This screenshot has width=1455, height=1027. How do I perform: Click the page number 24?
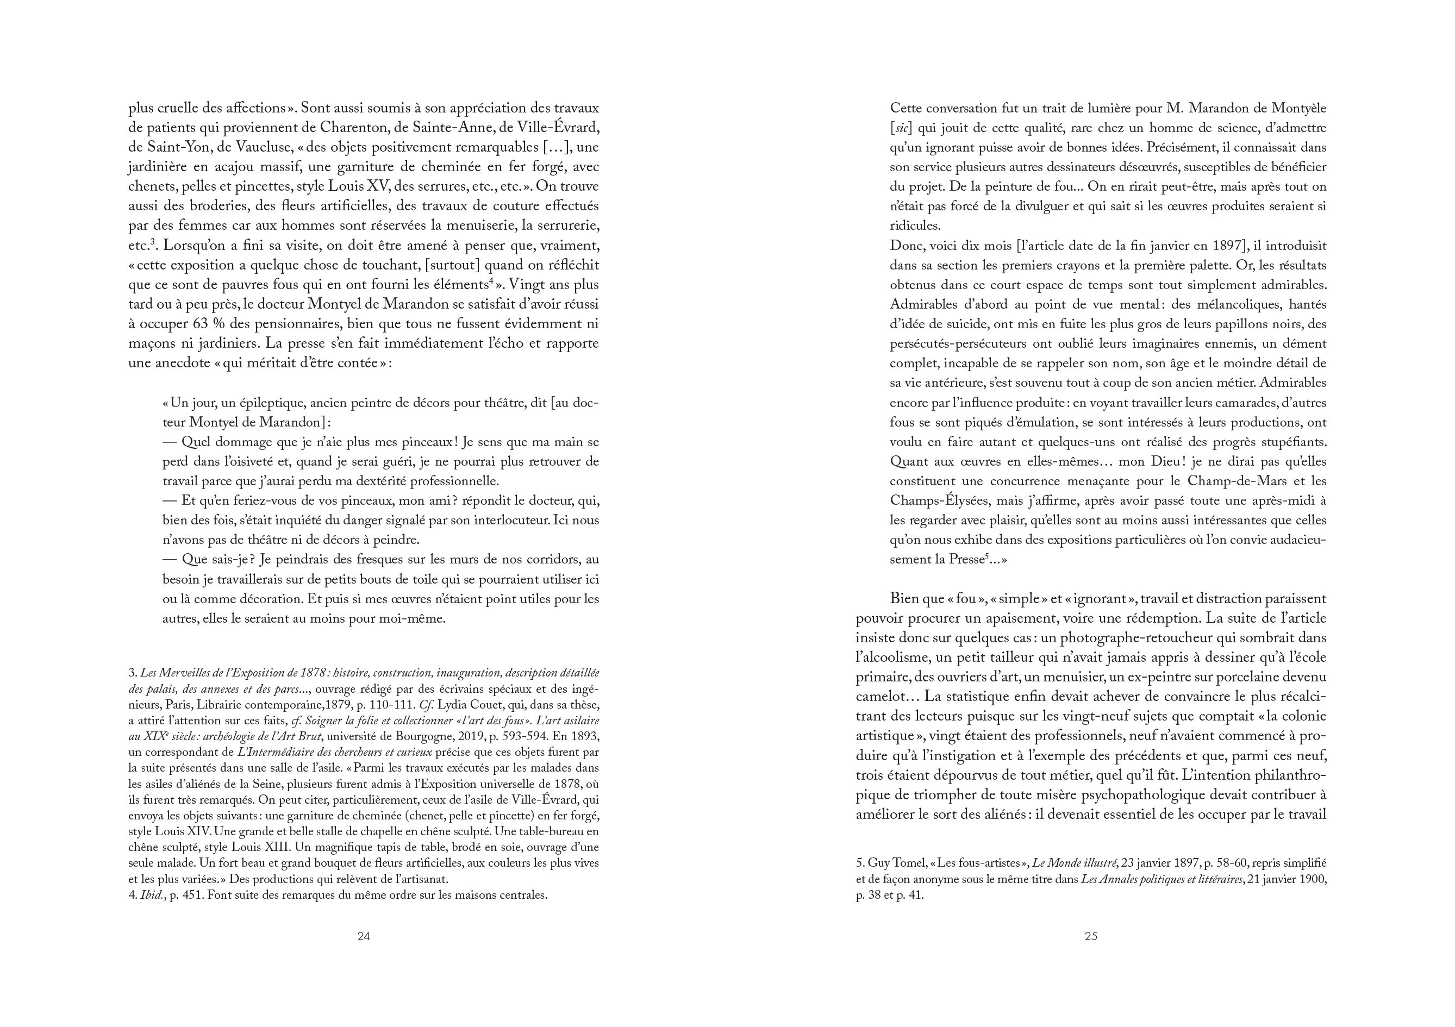364,936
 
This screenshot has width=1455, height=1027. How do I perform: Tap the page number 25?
1091,936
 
